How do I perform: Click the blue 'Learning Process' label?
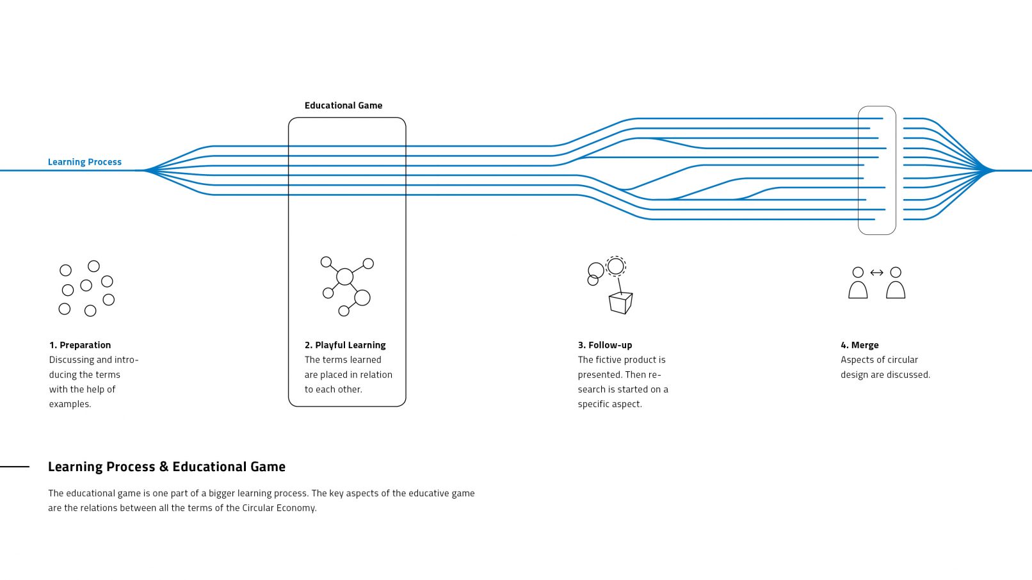click(x=85, y=162)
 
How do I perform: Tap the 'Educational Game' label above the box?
click(x=343, y=106)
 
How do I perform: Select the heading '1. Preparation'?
click(x=80, y=345)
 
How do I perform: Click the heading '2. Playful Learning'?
click(x=345, y=345)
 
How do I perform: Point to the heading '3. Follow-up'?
click(x=605, y=345)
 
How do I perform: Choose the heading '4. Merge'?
click(x=859, y=345)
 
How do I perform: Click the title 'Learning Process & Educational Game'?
click(x=166, y=467)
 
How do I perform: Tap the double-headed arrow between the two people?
click(x=876, y=273)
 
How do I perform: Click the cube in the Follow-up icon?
click(x=620, y=303)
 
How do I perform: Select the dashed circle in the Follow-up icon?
click(x=615, y=265)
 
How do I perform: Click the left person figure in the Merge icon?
click(x=858, y=284)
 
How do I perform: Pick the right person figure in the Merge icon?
click(x=896, y=284)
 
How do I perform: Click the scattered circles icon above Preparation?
click(x=86, y=288)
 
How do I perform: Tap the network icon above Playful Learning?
click(x=346, y=286)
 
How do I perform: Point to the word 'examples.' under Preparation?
click(x=70, y=404)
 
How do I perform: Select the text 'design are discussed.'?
click(x=885, y=375)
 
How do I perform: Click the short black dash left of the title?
click(x=15, y=467)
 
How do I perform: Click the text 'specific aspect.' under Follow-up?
click(x=609, y=404)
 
